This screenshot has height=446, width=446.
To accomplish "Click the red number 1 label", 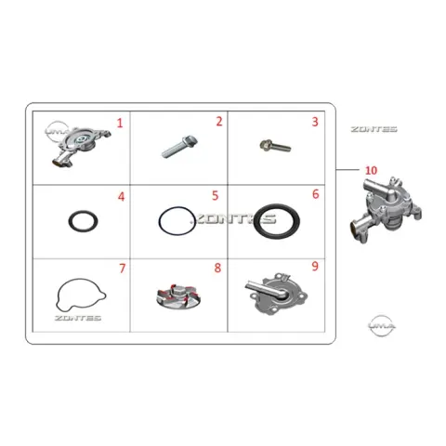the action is click(120, 124).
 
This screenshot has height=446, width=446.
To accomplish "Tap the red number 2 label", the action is click(219, 122).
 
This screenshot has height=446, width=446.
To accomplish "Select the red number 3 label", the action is click(315, 122).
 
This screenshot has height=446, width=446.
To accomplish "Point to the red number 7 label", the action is click(123, 269).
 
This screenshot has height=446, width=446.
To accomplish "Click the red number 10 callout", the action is click(371, 170).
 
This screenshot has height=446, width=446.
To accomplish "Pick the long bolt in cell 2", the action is click(179, 147).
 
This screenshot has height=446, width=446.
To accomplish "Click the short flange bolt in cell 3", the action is click(275, 146).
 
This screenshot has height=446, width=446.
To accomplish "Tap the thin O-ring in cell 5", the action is click(159, 221).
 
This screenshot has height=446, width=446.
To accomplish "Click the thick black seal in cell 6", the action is click(256, 221).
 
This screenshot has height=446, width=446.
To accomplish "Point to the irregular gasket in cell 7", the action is click(57, 295).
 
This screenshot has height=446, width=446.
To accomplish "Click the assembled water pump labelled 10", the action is click(386, 211).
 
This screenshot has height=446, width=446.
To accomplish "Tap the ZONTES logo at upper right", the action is click(374, 129).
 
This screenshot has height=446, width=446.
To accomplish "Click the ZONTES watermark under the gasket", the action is click(78, 318).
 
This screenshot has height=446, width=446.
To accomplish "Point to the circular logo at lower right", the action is click(382, 325).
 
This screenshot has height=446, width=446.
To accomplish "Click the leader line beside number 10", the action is click(348, 170).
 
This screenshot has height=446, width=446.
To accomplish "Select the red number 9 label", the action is click(315, 266).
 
